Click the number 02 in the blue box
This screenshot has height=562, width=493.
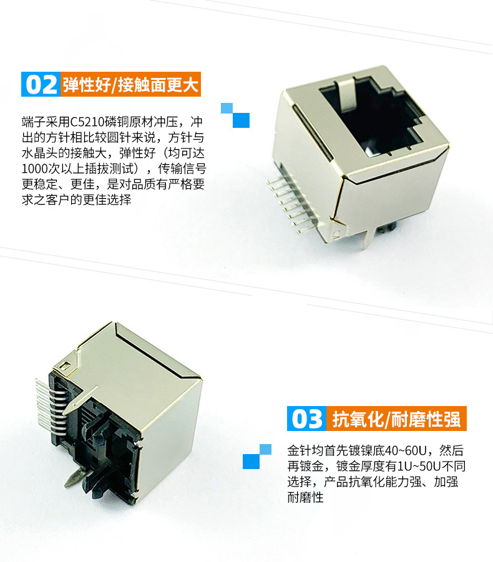point(41,85)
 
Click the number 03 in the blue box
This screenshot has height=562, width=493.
point(307,419)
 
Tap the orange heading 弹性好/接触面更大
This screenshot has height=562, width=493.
point(130,85)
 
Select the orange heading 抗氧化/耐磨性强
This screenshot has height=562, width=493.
point(396,419)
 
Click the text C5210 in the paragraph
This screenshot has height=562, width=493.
point(88,122)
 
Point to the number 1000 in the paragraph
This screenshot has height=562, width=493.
point(35,169)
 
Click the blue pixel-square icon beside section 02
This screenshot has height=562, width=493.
point(235,115)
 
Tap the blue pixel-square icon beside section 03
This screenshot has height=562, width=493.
point(257,457)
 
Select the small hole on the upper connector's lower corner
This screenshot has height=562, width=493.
point(336,235)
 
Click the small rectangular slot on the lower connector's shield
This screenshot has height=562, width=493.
point(65,366)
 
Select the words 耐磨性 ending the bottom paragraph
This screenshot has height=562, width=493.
point(306,497)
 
